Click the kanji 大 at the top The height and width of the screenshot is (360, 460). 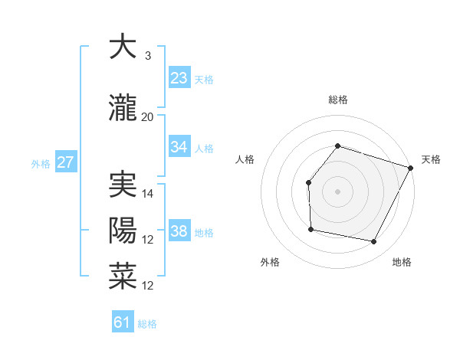(123, 47)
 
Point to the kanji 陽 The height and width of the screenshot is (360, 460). (123, 231)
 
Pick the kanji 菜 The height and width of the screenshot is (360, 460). (123, 277)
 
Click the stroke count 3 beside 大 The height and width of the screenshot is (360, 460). (148, 56)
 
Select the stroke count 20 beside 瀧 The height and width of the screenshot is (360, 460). (148, 117)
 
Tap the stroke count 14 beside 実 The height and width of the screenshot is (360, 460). (148, 194)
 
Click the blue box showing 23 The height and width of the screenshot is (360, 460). (179, 77)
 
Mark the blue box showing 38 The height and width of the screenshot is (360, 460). (179, 231)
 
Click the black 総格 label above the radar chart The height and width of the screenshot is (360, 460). (338, 100)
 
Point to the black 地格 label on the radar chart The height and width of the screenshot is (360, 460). (402, 262)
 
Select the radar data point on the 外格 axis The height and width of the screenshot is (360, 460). (310, 229)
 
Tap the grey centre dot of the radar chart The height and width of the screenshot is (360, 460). (337, 191)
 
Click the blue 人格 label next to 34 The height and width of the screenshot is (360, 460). (204, 149)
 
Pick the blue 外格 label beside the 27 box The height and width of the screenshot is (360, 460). (40, 164)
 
